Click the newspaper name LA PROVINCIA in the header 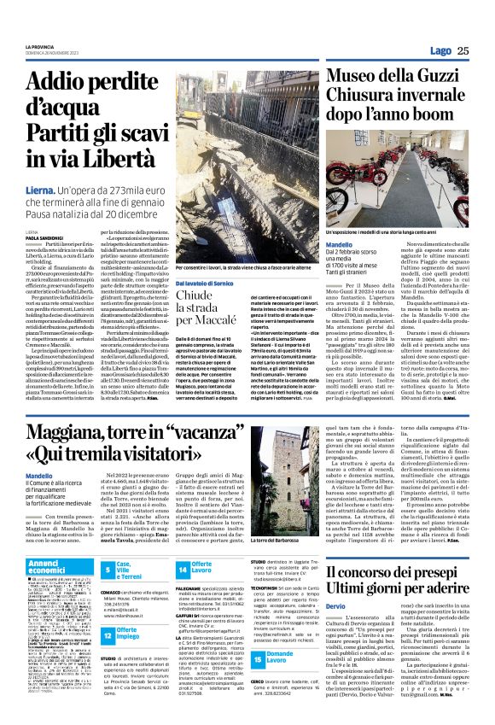click(x=41, y=45)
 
